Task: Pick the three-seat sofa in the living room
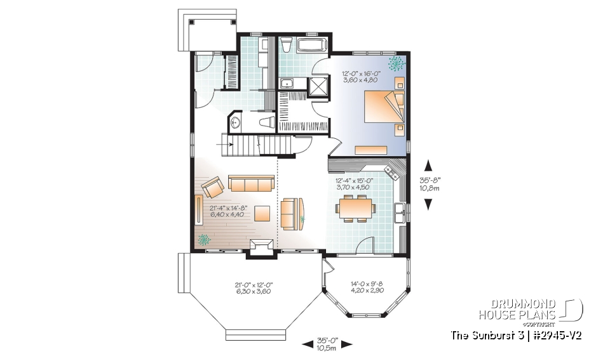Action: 250,184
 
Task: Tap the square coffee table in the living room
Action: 261,212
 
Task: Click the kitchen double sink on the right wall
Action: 400,213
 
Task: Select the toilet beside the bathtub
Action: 287,45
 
